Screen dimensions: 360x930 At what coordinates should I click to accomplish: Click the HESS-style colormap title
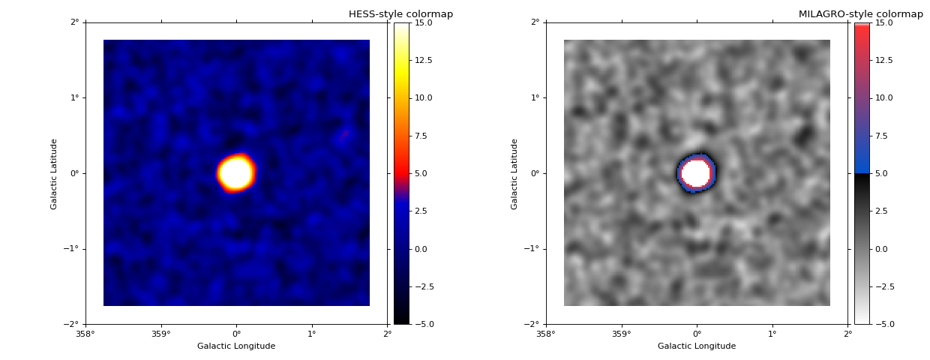click(x=400, y=14)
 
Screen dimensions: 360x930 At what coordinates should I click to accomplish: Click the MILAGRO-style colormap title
click(x=860, y=14)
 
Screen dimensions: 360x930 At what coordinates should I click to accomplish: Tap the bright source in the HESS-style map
click(x=236, y=173)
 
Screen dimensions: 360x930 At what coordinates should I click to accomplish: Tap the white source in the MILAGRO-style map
click(x=696, y=172)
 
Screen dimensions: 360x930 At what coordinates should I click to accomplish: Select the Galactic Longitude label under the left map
click(x=236, y=346)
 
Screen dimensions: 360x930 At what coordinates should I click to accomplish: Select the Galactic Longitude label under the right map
click(x=697, y=346)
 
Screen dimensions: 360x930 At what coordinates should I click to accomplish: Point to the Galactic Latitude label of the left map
click(x=55, y=173)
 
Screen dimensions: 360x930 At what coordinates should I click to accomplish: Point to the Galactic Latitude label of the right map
click(x=515, y=173)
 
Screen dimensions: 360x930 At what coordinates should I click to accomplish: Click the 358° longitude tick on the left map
click(x=85, y=334)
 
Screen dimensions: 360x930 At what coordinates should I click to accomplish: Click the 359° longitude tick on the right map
click(x=621, y=334)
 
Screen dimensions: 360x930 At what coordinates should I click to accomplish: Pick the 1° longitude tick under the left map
click(x=312, y=334)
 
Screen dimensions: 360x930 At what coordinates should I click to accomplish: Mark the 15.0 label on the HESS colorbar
click(x=423, y=22)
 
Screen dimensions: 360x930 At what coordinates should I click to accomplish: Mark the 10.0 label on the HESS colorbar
click(x=423, y=97)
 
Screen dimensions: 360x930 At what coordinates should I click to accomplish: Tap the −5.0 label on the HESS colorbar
click(x=423, y=324)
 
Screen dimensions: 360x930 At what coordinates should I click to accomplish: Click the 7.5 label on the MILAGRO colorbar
click(x=882, y=136)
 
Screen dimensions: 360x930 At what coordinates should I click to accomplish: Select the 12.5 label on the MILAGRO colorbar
click(x=883, y=60)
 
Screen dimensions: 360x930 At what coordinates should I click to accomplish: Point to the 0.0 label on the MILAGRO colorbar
click(x=882, y=249)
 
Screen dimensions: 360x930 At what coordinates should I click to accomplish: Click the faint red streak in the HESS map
click(x=344, y=135)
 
